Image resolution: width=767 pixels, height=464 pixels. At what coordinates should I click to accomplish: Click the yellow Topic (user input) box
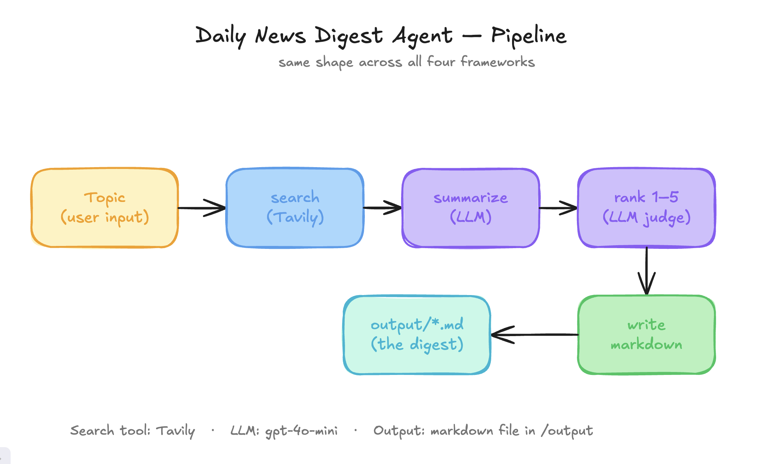coord(105,208)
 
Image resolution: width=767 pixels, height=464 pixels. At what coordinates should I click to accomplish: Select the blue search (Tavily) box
coord(295,208)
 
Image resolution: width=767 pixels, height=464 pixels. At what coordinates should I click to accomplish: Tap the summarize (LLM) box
coord(471,208)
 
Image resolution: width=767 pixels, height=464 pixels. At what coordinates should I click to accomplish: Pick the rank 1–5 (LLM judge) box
coord(646,208)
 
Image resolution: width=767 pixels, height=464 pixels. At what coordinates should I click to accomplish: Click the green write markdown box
coord(646,335)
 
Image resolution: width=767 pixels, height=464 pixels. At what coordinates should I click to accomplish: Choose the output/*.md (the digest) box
coord(417,335)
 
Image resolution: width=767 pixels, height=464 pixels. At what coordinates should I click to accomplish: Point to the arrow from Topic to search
coord(202,208)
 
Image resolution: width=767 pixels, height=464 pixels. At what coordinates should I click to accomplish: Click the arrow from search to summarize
coord(382,208)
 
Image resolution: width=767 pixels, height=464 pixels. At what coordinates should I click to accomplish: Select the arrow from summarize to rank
coord(558,208)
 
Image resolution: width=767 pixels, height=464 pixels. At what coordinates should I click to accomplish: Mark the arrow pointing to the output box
coord(535,335)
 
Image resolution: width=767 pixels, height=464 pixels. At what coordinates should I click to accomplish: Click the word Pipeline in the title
coord(529,36)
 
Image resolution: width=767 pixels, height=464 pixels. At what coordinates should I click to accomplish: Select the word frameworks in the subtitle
coord(497,62)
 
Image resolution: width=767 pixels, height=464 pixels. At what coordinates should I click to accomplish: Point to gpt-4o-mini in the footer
coord(301,431)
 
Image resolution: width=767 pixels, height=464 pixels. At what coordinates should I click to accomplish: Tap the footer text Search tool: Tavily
coord(132,431)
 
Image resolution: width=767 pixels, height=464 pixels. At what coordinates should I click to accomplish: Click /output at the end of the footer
coord(567,431)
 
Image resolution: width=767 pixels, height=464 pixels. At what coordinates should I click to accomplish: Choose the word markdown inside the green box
coord(646,345)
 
